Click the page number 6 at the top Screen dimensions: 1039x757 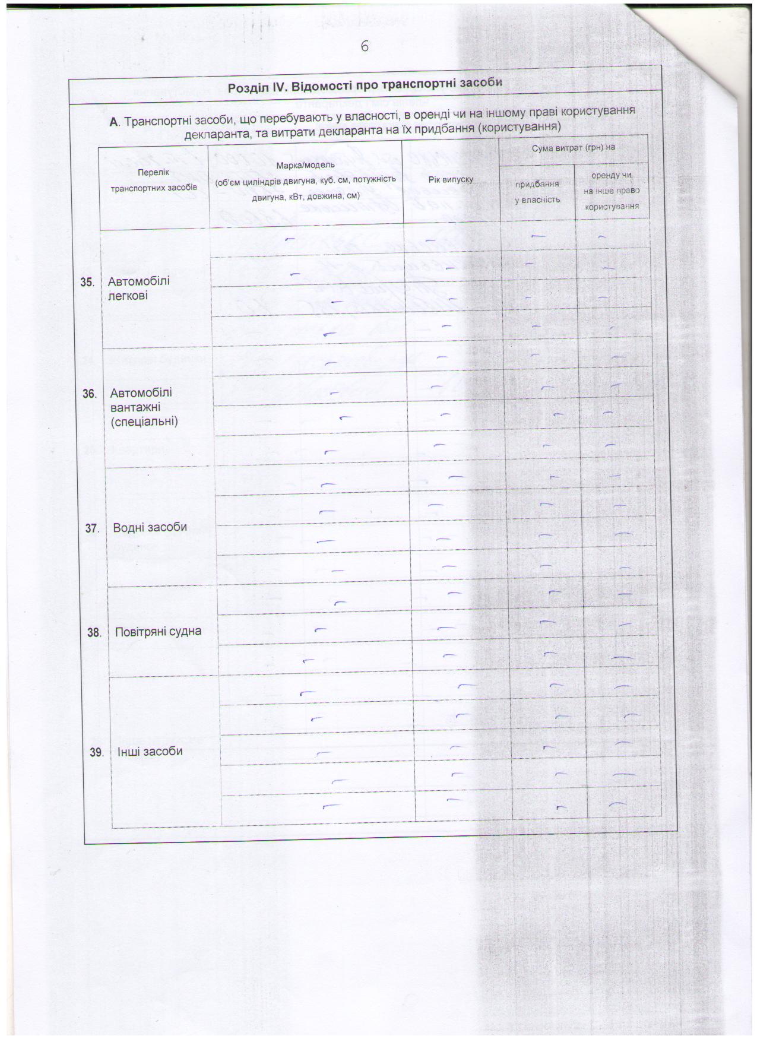[x=365, y=46]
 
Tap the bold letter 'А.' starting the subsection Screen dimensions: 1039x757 [x=115, y=122]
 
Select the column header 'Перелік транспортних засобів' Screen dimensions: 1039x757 [x=153, y=179]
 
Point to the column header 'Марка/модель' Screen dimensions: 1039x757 [x=306, y=164]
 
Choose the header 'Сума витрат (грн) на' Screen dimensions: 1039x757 [x=573, y=147]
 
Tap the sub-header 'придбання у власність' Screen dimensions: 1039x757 [x=537, y=192]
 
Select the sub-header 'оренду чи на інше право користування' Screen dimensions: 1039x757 [x=612, y=191]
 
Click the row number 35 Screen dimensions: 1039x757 [x=87, y=282]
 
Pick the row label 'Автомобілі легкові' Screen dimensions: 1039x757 [x=138, y=288]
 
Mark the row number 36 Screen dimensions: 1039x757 [x=90, y=394]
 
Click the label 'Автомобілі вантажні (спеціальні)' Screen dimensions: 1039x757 [x=144, y=407]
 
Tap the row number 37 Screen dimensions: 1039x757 [x=91, y=528]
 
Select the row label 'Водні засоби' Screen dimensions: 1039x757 [x=150, y=527]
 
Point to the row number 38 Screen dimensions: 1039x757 [x=94, y=633]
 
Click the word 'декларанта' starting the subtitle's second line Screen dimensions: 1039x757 [x=212, y=135]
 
